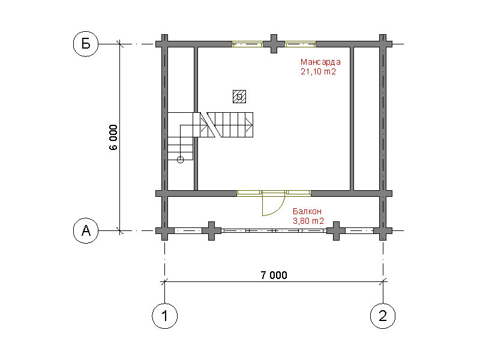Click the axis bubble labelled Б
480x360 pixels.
(x=86, y=44)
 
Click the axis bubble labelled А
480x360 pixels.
(x=86, y=230)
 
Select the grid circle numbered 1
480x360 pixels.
(x=164, y=316)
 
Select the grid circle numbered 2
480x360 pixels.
(x=383, y=316)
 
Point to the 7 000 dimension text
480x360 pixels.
(x=274, y=275)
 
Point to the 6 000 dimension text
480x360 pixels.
(x=113, y=137)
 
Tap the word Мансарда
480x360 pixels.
(x=320, y=62)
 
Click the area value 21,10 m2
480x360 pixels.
(x=319, y=71)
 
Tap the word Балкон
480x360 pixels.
(x=307, y=211)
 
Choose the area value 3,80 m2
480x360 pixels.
(x=308, y=221)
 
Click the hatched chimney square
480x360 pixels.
(x=239, y=97)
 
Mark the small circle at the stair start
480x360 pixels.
(x=181, y=160)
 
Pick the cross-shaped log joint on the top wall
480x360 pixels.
(x=274, y=44)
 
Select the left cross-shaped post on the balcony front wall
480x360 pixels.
(x=211, y=231)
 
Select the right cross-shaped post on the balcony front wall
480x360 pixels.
(x=336, y=231)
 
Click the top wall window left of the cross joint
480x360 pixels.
(x=247, y=44)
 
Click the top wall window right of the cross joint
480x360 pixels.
(x=301, y=44)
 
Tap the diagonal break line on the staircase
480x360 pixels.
(x=214, y=125)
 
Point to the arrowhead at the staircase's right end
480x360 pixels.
(x=250, y=125)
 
